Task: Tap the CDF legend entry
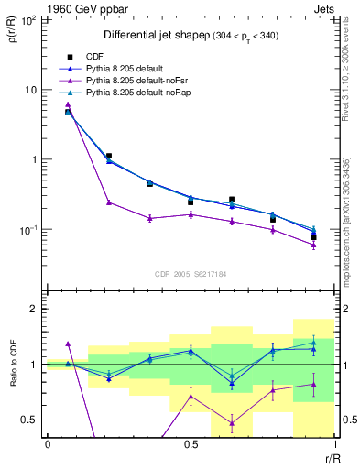click(x=95, y=57)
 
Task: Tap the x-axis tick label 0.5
click(x=191, y=444)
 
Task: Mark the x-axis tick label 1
click(x=333, y=444)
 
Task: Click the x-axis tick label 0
click(x=48, y=444)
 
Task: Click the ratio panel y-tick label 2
click(x=35, y=310)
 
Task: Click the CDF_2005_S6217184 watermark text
click(x=191, y=274)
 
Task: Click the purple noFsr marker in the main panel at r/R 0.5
click(x=191, y=214)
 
